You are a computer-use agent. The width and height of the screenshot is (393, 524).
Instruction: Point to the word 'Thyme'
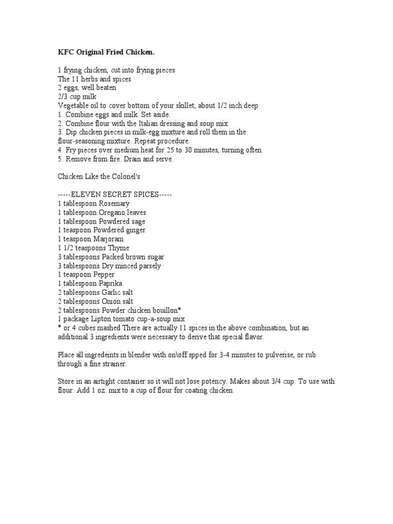coord(118,248)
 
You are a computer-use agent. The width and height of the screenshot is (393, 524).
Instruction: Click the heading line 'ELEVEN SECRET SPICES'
coord(115,195)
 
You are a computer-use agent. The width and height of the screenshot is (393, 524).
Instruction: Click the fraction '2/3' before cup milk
coord(63,96)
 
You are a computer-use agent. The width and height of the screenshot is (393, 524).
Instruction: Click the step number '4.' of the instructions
coord(60,150)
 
